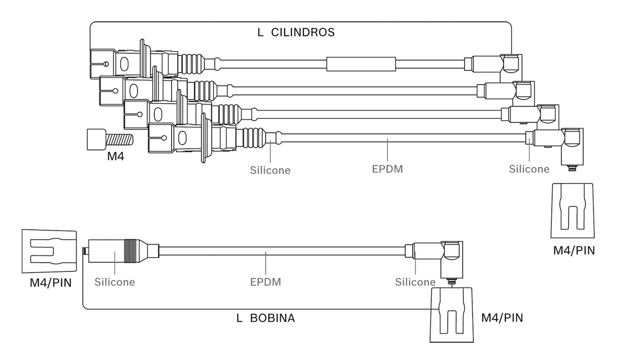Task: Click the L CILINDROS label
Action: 296,32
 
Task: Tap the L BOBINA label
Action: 266,318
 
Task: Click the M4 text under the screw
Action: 116,156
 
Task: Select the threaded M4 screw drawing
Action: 110,140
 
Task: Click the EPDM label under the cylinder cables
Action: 387,169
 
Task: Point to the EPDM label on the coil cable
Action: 266,282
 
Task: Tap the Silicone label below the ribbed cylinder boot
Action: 270,170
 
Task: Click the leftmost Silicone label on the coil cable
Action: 115,282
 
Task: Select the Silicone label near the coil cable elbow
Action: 416,282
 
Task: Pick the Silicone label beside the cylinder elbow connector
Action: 529,169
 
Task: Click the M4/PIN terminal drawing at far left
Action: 49,251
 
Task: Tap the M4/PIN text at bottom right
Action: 502,318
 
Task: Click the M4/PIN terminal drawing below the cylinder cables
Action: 573,211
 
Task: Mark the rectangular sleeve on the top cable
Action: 361,64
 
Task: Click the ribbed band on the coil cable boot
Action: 130,250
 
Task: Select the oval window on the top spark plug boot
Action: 124,64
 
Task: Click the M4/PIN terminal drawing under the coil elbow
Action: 452,315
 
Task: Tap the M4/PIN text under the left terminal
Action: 51,283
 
